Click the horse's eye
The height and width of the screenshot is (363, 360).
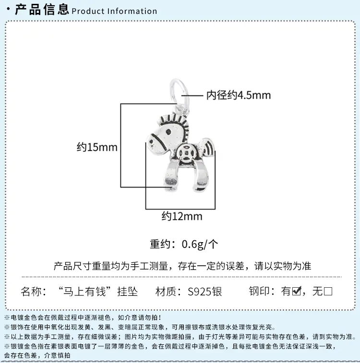[x=169, y=132]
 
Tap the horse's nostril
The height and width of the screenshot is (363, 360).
[x=152, y=141]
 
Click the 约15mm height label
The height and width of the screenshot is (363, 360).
[x=97, y=147]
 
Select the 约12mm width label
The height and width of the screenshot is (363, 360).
[x=182, y=216]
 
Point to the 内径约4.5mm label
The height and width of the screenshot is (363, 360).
[x=239, y=95]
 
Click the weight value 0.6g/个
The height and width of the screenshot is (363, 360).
[x=200, y=245]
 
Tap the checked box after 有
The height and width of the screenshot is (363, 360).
[x=297, y=291]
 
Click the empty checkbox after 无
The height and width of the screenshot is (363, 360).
[x=328, y=292]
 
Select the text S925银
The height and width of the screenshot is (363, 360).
[x=205, y=292]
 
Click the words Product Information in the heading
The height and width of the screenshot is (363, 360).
[x=114, y=11]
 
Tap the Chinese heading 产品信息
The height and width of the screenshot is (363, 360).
[x=42, y=10]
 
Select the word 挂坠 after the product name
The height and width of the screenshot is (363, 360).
[x=127, y=292]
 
